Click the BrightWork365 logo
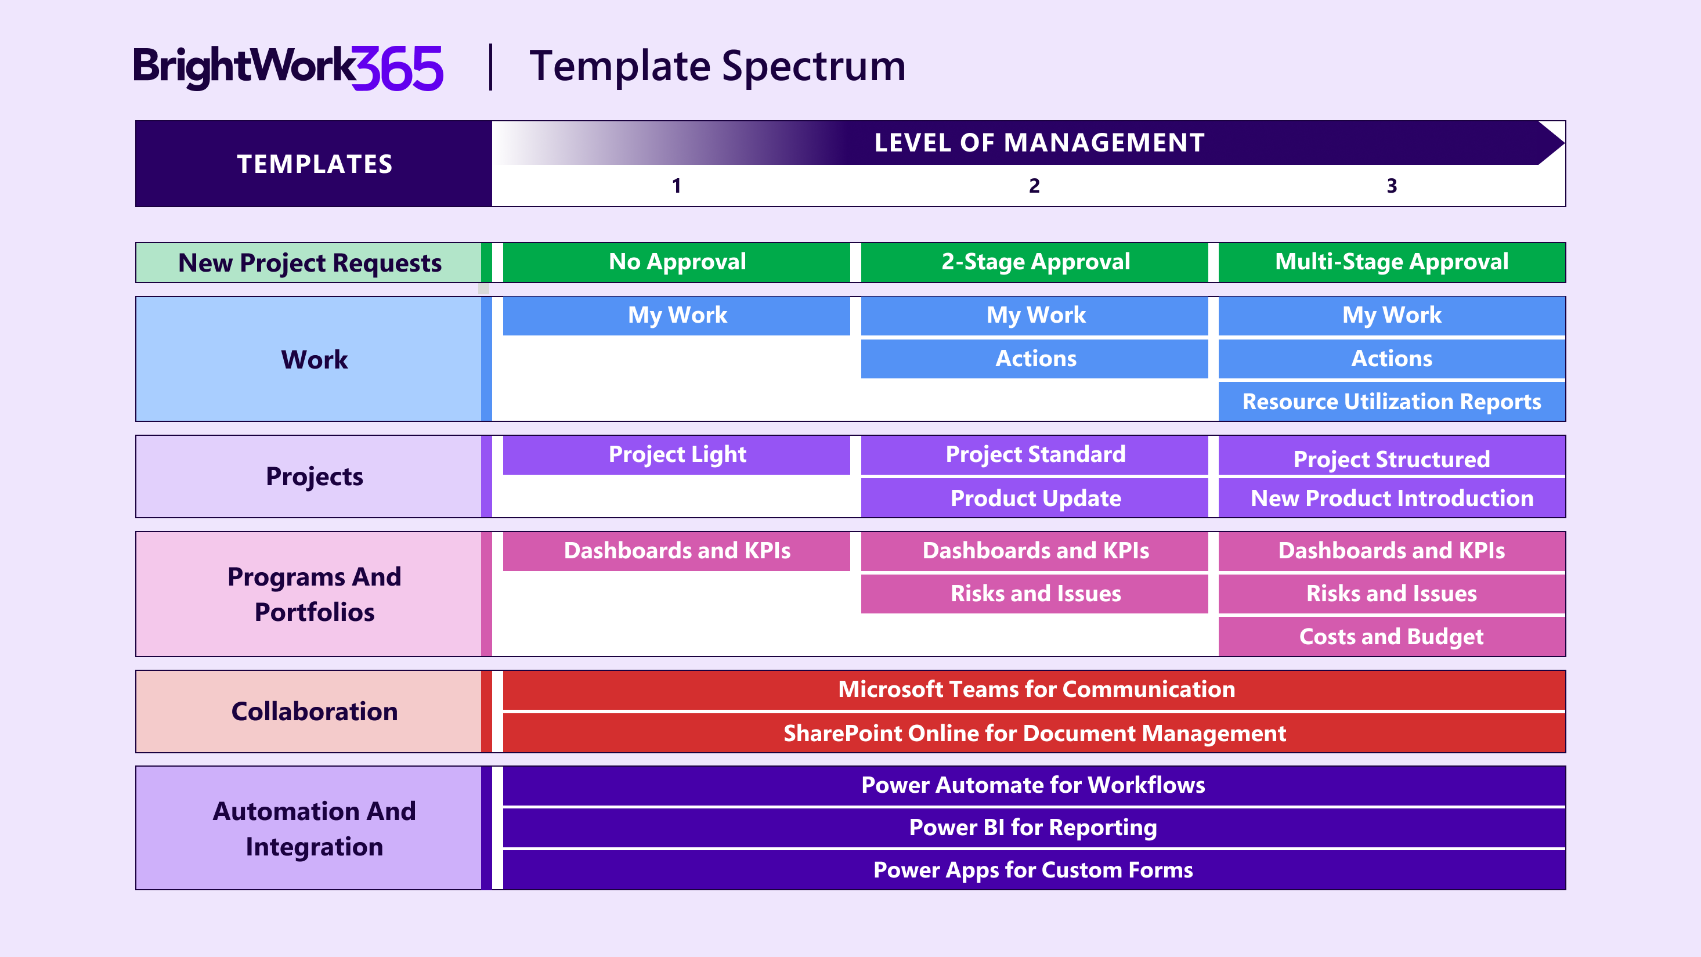288,67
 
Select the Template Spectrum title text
717,67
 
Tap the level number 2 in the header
1034,186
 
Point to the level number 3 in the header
1391,186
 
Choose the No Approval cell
677,262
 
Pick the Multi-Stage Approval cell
1391,262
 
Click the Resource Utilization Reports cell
1391,402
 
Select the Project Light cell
677,454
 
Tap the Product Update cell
1035,498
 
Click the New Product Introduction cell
1391,498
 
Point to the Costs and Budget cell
1391,637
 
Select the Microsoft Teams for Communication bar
1035,689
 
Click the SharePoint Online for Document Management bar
1035,733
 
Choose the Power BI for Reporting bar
1034,828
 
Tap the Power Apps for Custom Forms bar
1034,870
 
